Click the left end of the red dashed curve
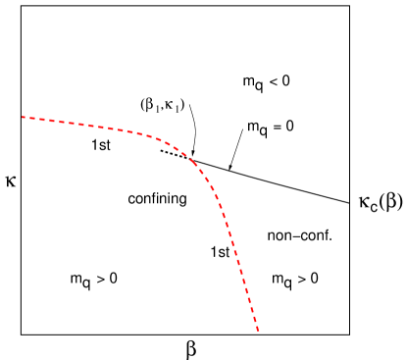click(23, 118)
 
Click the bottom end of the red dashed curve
click(258, 330)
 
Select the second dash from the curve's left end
click(32, 119)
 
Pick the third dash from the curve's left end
click(42, 120)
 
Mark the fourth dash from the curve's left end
click(52, 121)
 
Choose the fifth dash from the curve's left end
click(62, 122)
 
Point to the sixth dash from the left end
click(72, 124)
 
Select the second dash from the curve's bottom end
click(255, 319)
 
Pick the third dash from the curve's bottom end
click(252, 309)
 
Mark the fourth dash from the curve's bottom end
click(249, 300)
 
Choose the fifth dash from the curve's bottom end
click(247, 290)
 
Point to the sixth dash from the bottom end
click(244, 281)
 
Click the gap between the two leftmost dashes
click(27, 118)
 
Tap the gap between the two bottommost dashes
click(256, 324)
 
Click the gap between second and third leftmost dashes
click(37, 119)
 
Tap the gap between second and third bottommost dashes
click(253, 314)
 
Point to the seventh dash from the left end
click(81, 125)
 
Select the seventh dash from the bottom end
click(241, 272)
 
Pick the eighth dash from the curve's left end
click(91, 126)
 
